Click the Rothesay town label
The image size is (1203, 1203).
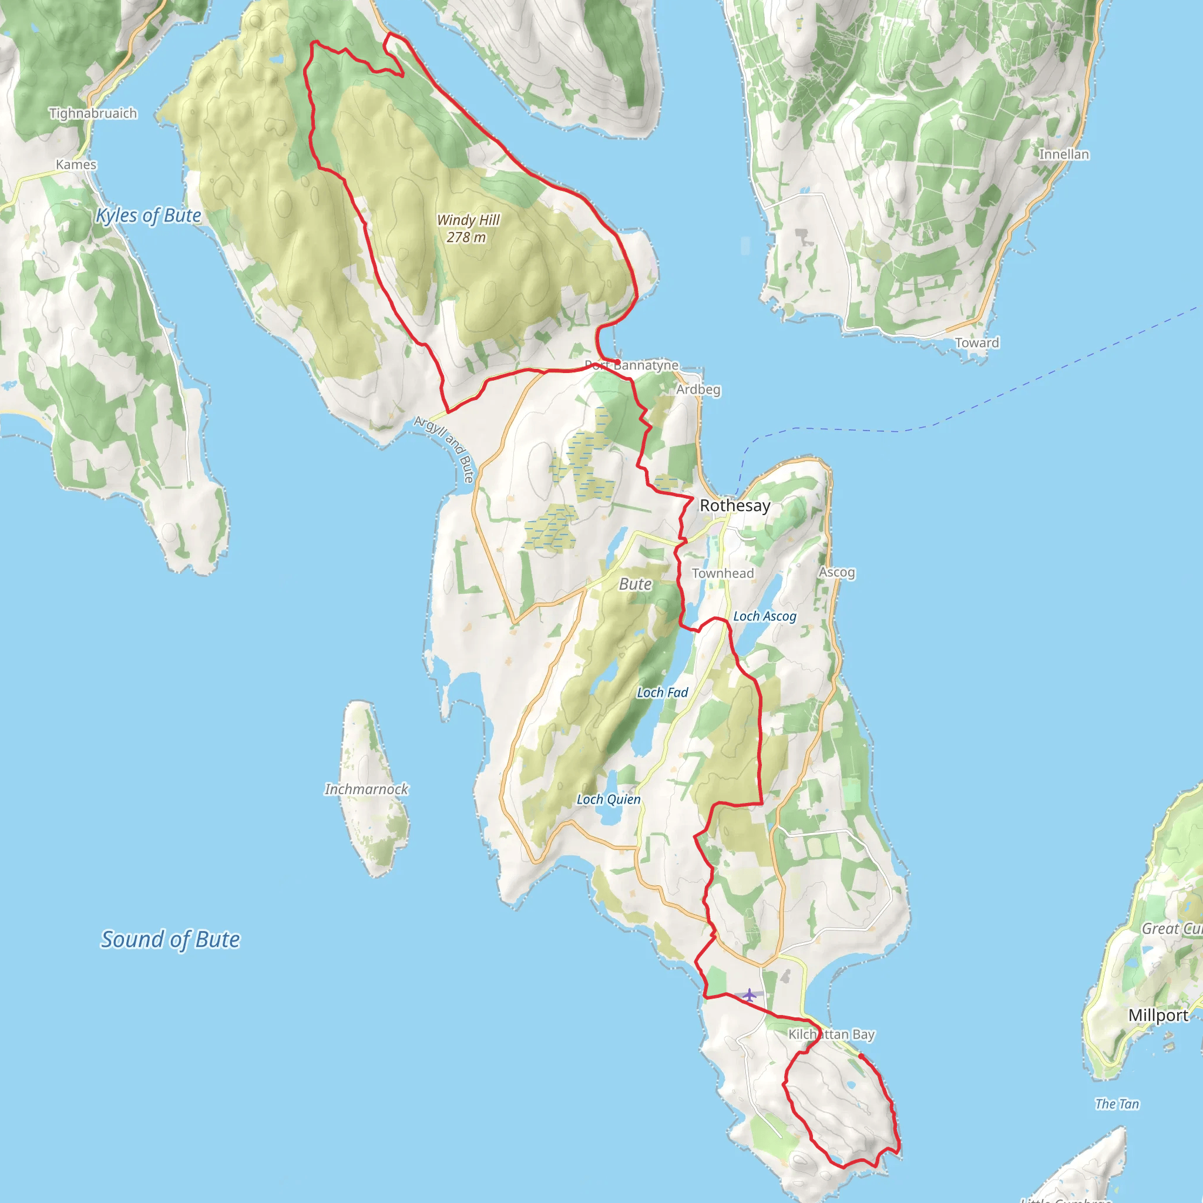[735, 506]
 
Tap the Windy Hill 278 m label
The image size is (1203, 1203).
[468, 228]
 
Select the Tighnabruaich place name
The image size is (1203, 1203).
[93, 113]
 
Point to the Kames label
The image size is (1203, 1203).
[76, 164]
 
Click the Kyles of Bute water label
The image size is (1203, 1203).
[148, 216]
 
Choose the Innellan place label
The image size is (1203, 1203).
[1064, 154]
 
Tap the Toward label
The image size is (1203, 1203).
[977, 342]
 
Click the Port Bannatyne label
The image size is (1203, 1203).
[631, 365]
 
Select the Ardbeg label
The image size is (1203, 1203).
[698, 390]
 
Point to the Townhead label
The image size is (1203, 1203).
[723, 573]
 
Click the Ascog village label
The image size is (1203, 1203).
[836, 572]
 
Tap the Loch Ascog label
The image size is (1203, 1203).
[764, 616]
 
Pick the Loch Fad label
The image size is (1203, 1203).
[662, 693]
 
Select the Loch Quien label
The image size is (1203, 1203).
[608, 799]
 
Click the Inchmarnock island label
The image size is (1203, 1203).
[366, 789]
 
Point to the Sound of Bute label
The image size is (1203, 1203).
[170, 940]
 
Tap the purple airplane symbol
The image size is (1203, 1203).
[749, 995]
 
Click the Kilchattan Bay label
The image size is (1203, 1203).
[831, 1034]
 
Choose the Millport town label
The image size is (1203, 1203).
[1158, 1016]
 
